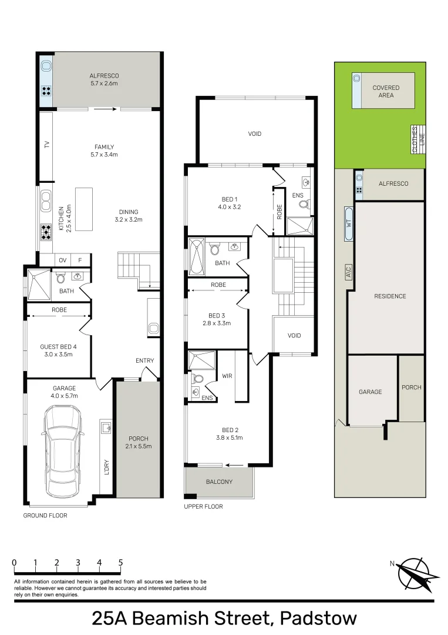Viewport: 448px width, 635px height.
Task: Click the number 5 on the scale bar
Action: [120, 563]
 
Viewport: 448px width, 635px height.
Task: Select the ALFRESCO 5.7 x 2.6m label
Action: [105, 79]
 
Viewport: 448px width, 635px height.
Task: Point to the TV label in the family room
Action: [46, 144]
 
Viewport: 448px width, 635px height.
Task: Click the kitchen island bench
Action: [84, 209]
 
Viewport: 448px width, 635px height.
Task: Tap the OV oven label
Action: [62, 260]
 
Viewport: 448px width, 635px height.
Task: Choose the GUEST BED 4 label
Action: [58, 347]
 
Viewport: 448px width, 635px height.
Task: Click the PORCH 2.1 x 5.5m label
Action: [139, 442]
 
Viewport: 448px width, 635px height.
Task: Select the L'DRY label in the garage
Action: [106, 467]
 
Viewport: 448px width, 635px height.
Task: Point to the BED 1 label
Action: [229, 199]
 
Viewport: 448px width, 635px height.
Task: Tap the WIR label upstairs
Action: [227, 376]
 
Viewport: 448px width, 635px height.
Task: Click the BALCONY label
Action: [219, 482]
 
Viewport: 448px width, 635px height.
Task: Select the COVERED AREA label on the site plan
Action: [386, 91]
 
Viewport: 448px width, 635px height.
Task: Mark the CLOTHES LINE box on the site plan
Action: [418, 139]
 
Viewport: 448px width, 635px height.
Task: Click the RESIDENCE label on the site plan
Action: [390, 296]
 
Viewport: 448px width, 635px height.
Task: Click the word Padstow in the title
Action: [318, 619]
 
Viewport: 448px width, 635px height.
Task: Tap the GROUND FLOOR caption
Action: [45, 515]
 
